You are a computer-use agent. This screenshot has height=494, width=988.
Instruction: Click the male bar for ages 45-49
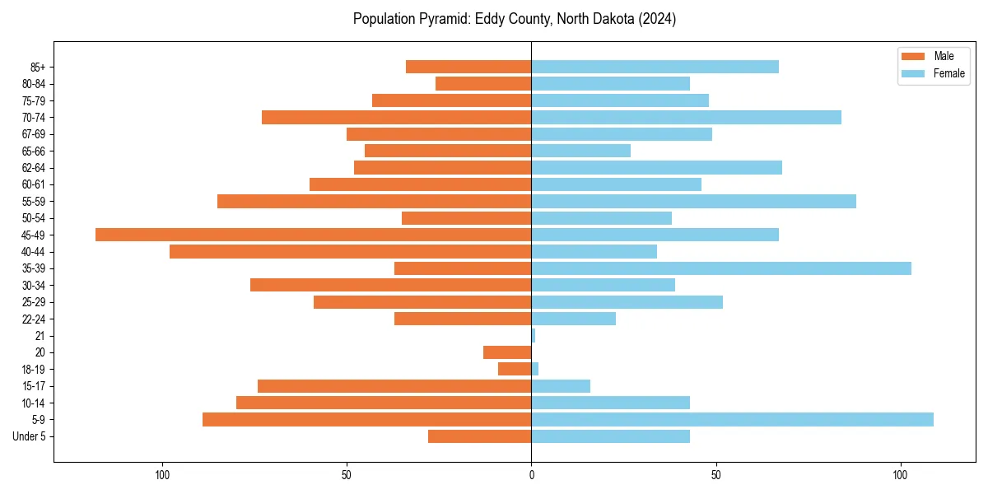click(x=313, y=235)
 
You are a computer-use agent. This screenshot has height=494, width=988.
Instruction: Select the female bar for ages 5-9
click(x=732, y=419)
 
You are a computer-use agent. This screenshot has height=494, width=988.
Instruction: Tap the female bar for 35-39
click(x=721, y=268)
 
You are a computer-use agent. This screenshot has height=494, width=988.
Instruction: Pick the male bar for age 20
click(x=507, y=352)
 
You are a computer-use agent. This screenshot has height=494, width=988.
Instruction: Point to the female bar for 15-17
click(x=561, y=386)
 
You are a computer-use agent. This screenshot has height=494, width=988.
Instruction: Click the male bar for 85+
click(x=468, y=67)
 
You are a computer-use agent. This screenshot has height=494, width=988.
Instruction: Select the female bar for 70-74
click(x=686, y=117)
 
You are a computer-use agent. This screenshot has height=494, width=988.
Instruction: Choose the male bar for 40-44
click(x=350, y=251)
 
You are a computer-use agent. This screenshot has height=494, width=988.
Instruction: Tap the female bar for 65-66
click(x=581, y=151)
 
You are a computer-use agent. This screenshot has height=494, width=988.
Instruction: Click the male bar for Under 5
click(x=479, y=436)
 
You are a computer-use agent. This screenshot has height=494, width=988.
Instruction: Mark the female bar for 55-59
click(x=693, y=201)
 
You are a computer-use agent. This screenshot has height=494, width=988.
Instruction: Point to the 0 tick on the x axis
click(x=531, y=475)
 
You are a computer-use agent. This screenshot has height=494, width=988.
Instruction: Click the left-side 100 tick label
click(x=162, y=475)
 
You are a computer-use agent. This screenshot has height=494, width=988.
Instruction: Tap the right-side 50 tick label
click(x=716, y=475)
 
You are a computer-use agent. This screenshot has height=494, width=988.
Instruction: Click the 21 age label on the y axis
click(x=40, y=336)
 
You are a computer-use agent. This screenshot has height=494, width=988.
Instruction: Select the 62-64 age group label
click(x=34, y=168)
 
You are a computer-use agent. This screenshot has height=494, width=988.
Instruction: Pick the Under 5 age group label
click(x=29, y=436)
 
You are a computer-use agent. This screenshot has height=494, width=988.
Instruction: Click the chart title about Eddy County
click(x=515, y=19)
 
